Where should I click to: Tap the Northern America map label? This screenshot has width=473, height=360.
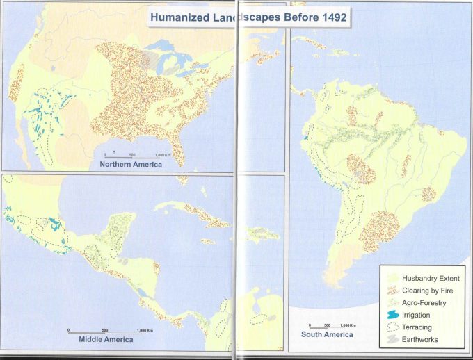131,165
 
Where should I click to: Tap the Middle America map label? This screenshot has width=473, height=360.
106,340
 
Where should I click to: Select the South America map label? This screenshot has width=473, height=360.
327,334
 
